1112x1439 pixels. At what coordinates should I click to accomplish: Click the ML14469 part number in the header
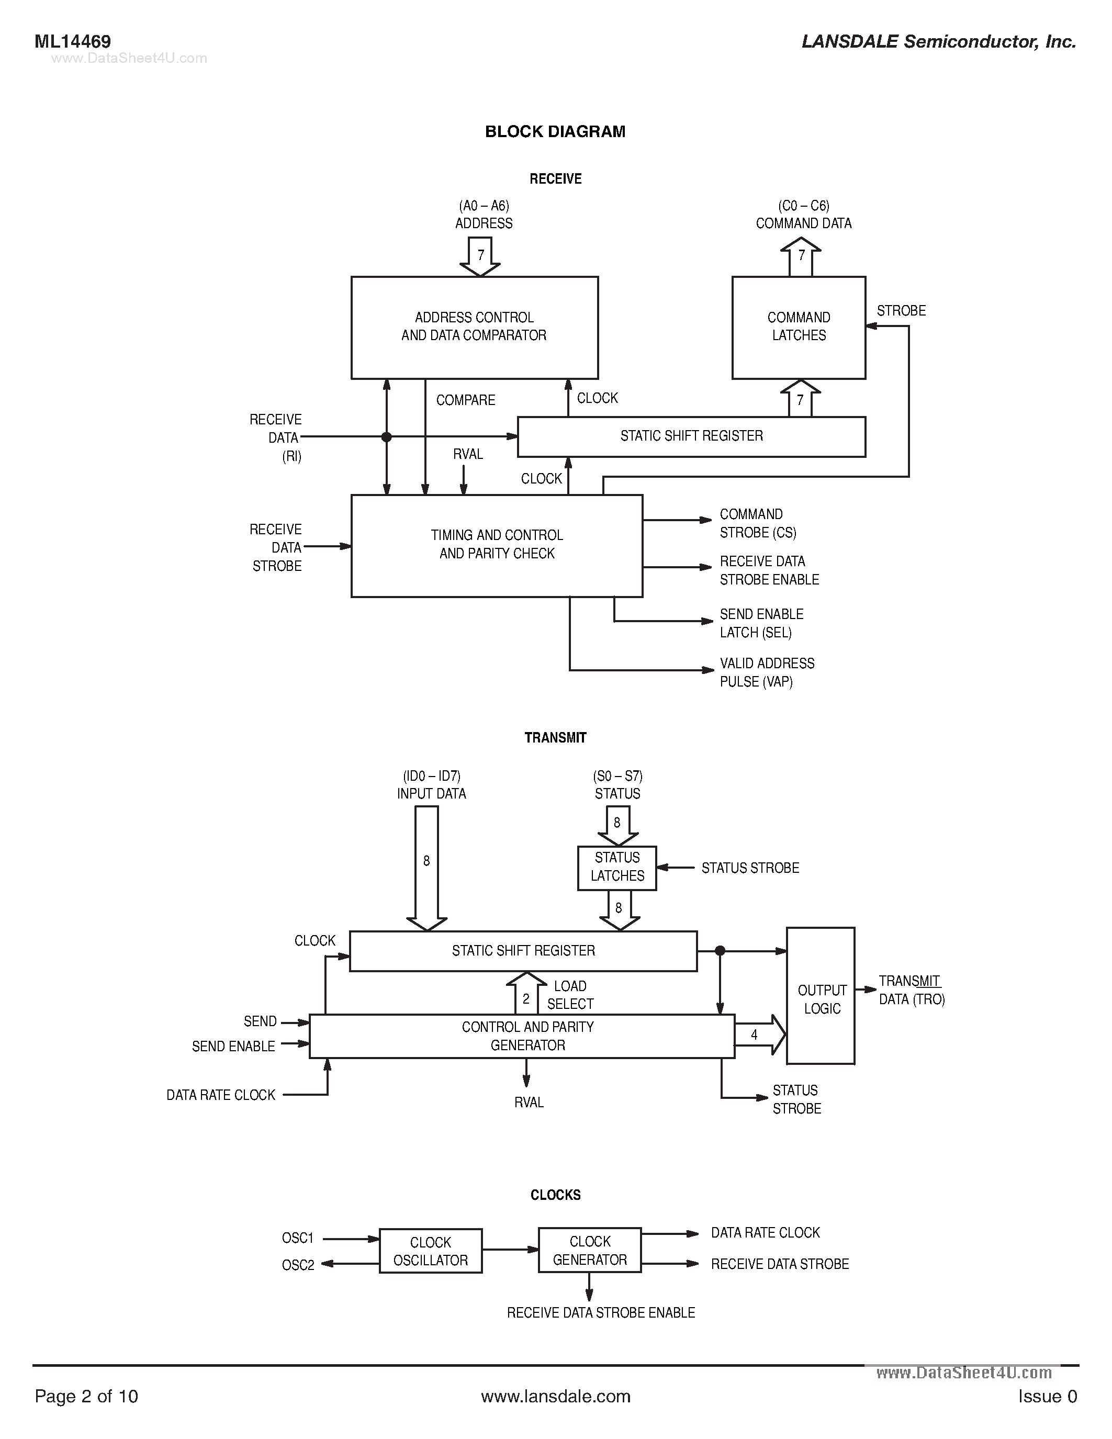pyautogui.click(x=72, y=41)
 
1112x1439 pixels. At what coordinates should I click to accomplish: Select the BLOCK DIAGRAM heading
pyautogui.click(x=555, y=132)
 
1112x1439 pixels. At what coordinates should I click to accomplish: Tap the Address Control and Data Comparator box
pyautogui.click(x=474, y=328)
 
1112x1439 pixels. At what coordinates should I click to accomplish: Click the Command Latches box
pyautogui.click(x=799, y=328)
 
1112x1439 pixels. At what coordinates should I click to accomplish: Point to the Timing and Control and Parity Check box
pyautogui.click(x=497, y=546)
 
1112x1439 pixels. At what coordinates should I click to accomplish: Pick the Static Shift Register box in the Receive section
pyautogui.click(x=691, y=436)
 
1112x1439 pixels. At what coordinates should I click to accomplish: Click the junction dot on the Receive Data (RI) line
pyautogui.click(x=387, y=437)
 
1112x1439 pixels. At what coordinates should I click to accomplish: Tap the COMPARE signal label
pyautogui.click(x=465, y=400)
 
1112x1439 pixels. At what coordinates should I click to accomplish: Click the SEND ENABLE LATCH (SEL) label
pyautogui.click(x=761, y=623)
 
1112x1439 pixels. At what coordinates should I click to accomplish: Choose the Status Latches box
pyautogui.click(x=617, y=867)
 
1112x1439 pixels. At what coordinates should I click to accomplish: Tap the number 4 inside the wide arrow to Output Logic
pyautogui.click(x=754, y=1035)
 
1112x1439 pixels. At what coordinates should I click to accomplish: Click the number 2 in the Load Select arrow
pyautogui.click(x=526, y=999)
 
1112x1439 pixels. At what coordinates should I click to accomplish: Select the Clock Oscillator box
pyautogui.click(x=430, y=1251)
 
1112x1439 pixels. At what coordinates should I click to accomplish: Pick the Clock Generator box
pyautogui.click(x=590, y=1251)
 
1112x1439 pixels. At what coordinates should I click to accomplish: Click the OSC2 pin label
pyautogui.click(x=298, y=1265)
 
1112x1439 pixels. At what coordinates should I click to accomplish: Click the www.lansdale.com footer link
pyautogui.click(x=555, y=1396)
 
